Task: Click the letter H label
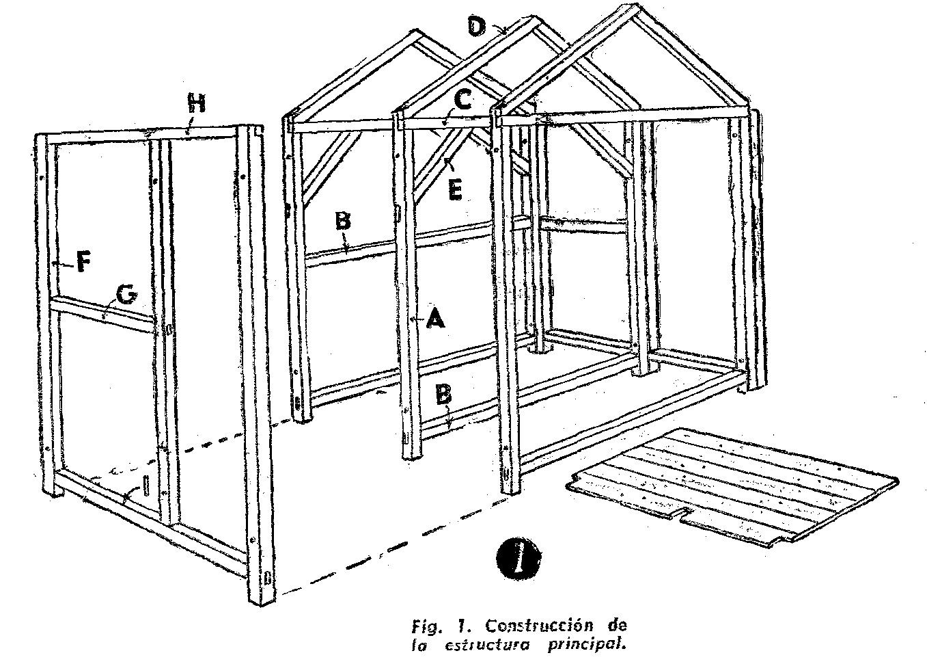197,103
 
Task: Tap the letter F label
83,262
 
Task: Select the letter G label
127,295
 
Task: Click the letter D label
476,26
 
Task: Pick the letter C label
463,101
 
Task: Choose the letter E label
455,190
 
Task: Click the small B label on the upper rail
343,221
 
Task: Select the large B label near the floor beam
443,394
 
